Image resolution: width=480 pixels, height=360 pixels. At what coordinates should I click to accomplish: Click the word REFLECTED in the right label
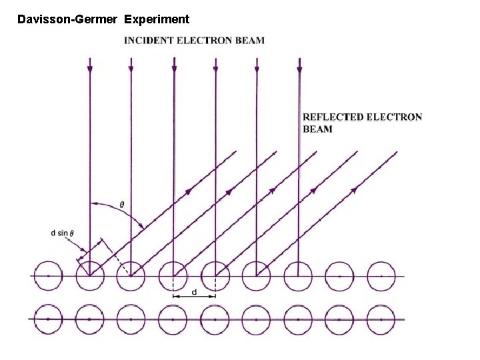point(333,117)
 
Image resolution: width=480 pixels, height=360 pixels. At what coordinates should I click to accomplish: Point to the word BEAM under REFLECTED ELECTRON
point(317,129)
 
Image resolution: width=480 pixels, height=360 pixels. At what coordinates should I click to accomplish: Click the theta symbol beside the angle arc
point(122,204)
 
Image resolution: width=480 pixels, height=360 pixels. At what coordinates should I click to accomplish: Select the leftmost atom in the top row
point(47,276)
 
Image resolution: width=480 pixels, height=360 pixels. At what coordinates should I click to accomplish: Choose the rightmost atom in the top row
point(381,276)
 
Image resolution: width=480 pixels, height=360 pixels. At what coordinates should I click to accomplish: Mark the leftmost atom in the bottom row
point(47,319)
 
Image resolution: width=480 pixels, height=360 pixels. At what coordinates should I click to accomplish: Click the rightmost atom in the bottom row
point(381,319)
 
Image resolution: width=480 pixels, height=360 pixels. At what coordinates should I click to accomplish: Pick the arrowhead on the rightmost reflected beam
point(353,189)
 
